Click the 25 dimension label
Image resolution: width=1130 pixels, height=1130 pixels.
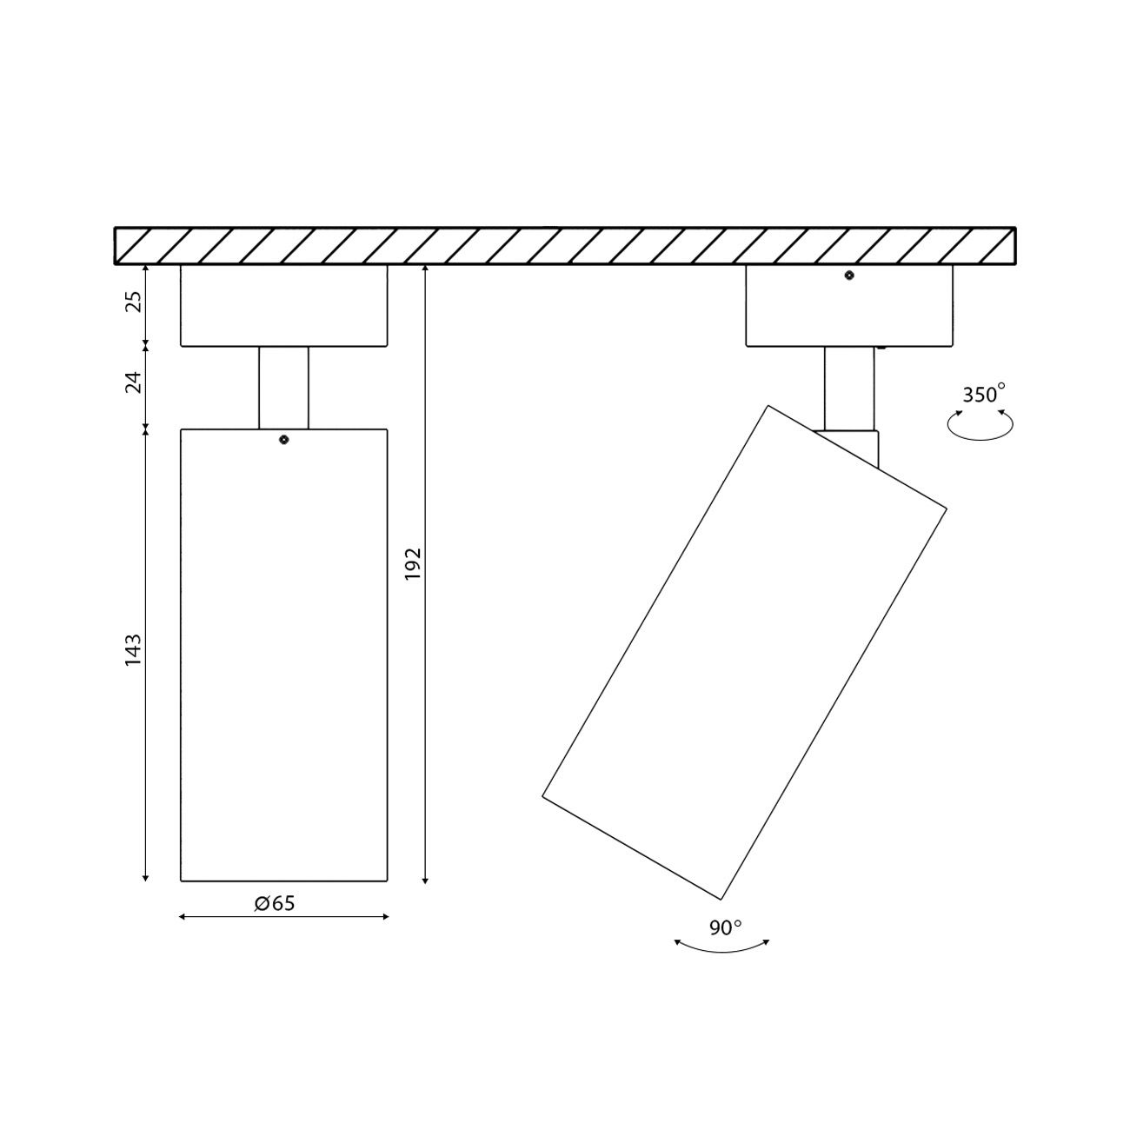[x=133, y=303]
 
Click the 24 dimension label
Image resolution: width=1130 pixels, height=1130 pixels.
[x=133, y=382]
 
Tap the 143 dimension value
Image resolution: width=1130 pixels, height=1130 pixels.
[x=133, y=651]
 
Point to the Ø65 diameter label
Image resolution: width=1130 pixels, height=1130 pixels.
[x=275, y=903]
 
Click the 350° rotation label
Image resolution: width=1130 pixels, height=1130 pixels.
[x=983, y=394]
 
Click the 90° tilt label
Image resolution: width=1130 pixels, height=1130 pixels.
[x=725, y=927]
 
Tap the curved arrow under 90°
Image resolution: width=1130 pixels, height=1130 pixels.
[x=722, y=948]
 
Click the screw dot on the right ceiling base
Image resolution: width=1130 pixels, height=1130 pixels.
[x=849, y=276]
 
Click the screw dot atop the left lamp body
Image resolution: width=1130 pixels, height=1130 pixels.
[x=283, y=440]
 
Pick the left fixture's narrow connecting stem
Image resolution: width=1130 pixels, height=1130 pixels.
[x=283, y=388]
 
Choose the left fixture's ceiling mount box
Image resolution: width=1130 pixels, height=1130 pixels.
[x=283, y=305]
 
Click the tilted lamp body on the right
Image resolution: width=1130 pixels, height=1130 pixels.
[x=744, y=652]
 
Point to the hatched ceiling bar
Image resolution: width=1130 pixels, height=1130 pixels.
[x=565, y=245]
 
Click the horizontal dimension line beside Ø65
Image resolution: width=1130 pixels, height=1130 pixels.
[x=217, y=916]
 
